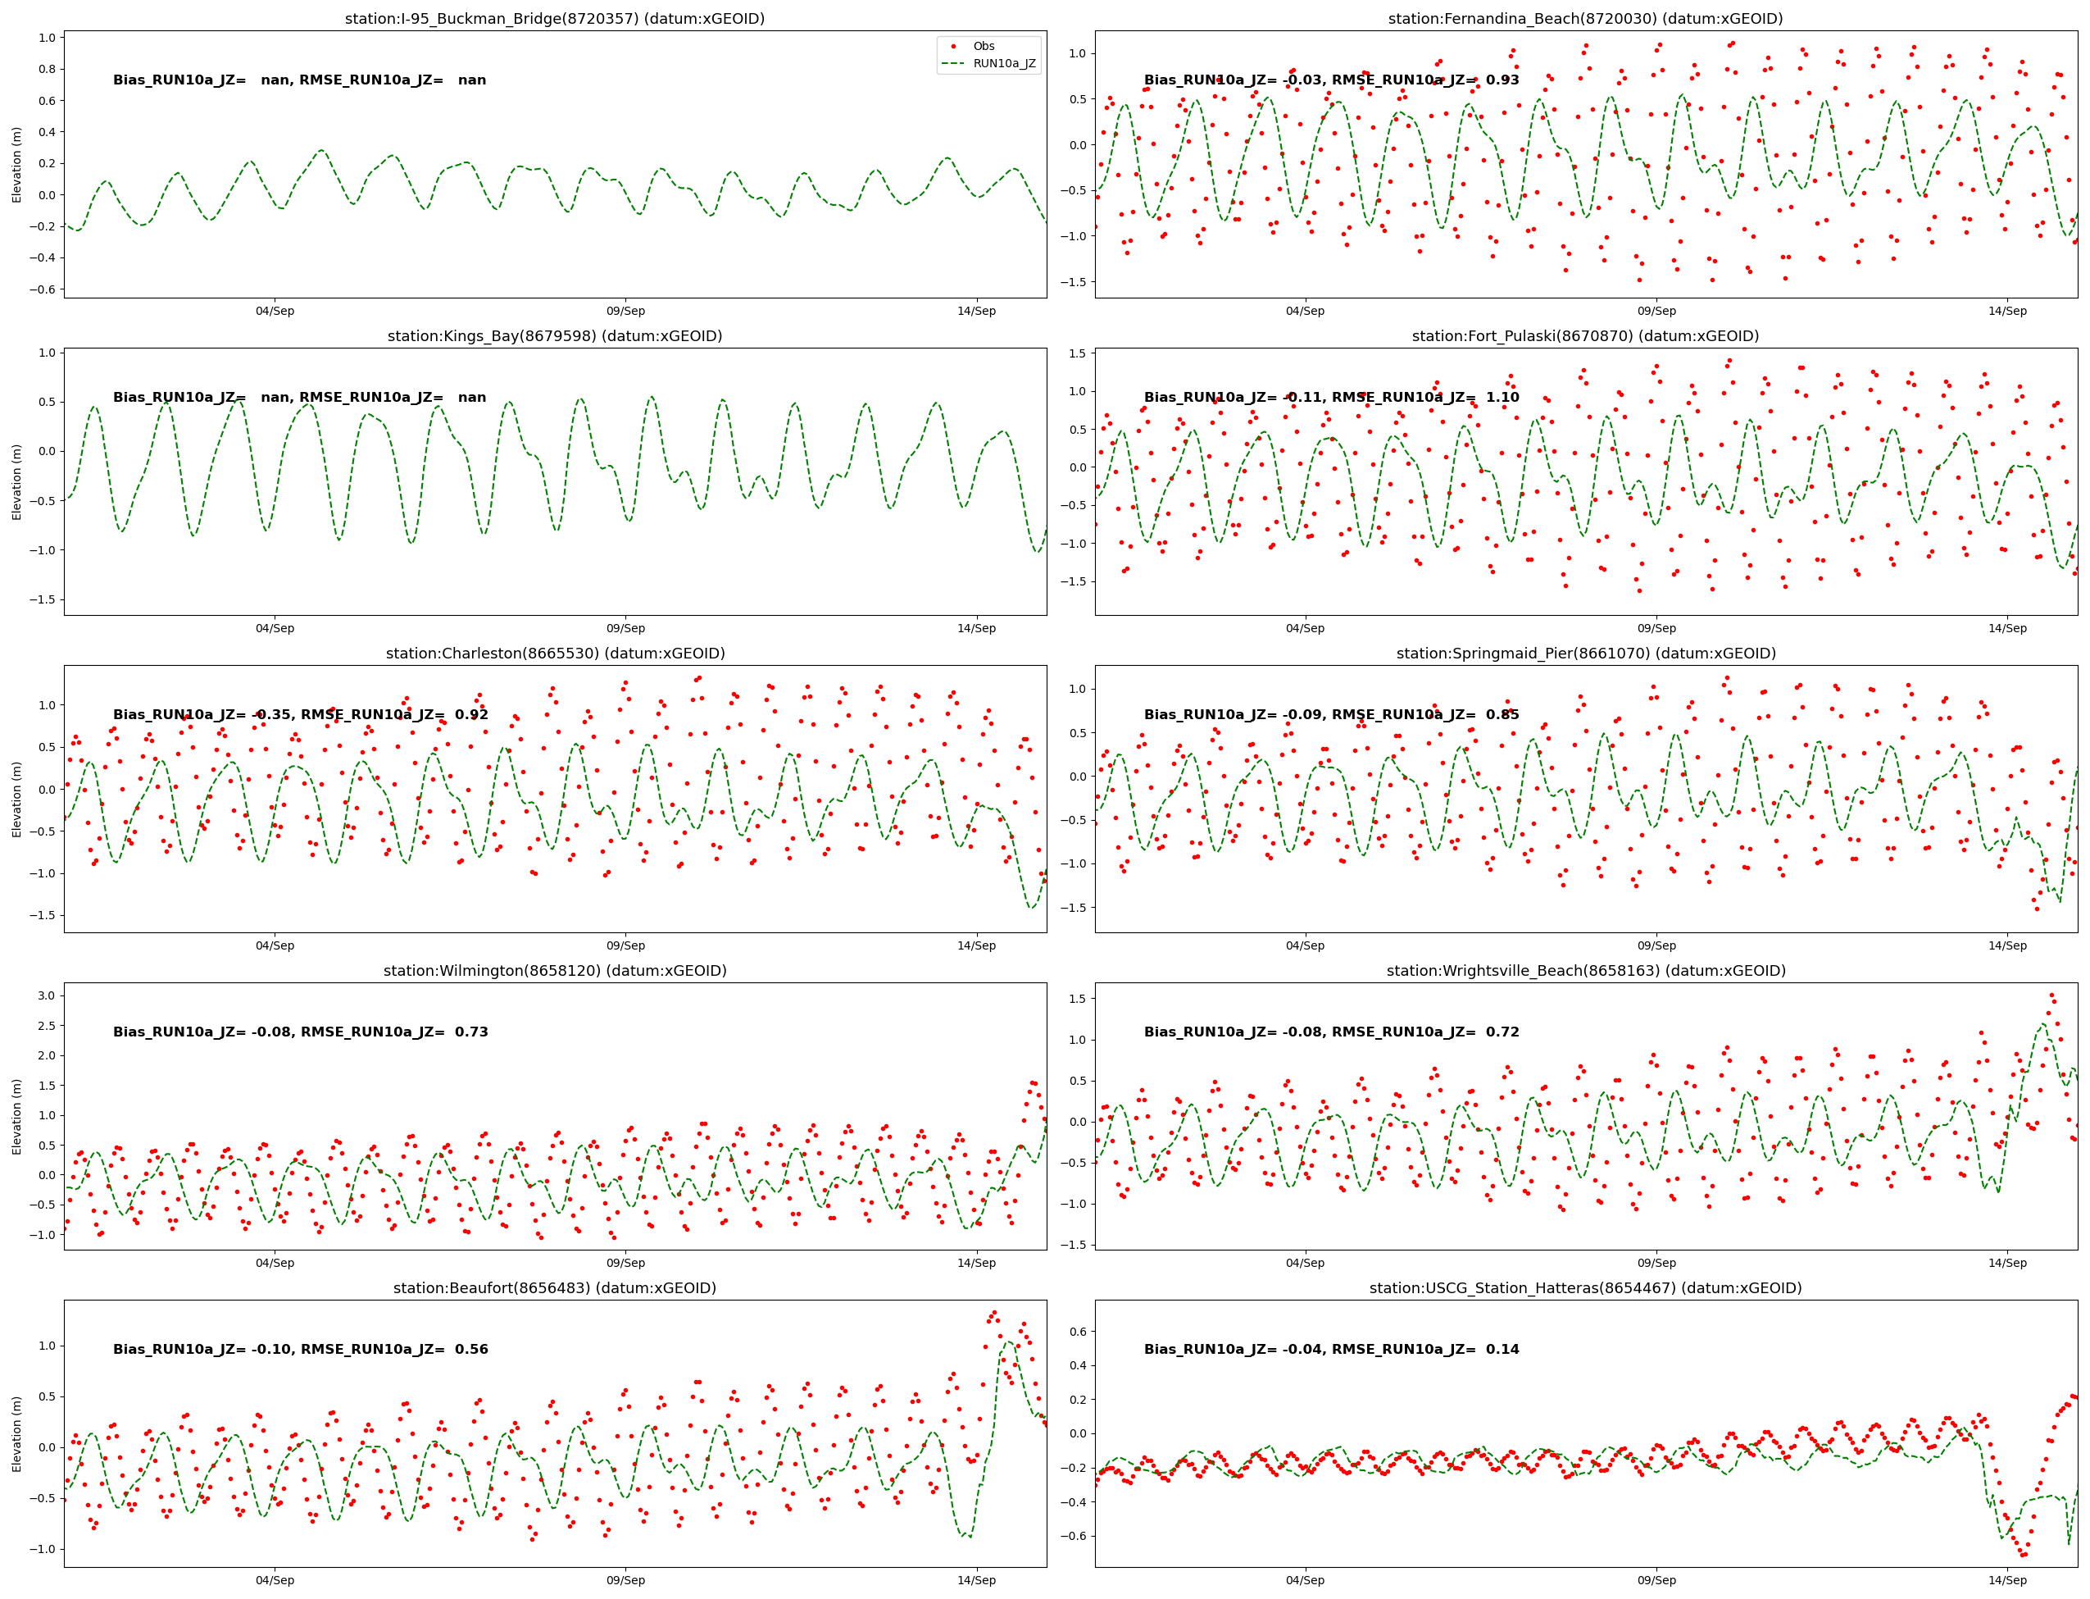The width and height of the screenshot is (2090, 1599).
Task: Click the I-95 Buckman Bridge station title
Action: pyautogui.click(x=555, y=18)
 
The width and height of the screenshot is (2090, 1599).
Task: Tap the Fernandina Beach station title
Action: pyautogui.click(x=1585, y=18)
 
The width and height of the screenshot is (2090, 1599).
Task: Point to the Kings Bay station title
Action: pyautogui.click(x=555, y=336)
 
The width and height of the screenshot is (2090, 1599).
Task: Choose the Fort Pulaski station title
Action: pyautogui.click(x=1585, y=336)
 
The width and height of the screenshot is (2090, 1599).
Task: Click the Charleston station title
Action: pyautogui.click(x=555, y=653)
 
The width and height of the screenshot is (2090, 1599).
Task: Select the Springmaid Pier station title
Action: pyautogui.click(x=1585, y=653)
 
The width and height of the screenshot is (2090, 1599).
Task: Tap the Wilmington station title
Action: pyautogui.click(x=555, y=971)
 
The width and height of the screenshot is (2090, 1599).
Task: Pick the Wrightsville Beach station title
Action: pyautogui.click(x=1585, y=971)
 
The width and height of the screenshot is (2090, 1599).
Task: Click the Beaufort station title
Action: pyautogui.click(x=555, y=1287)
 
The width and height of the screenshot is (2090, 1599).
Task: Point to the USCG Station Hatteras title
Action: pyautogui.click(x=1585, y=1287)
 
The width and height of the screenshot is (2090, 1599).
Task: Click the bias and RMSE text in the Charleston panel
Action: pyautogui.click(x=300, y=715)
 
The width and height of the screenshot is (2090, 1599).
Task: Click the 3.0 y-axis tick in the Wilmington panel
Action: pyautogui.click(x=46, y=995)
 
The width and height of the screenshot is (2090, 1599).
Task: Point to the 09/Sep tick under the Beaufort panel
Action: pyautogui.click(x=625, y=1580)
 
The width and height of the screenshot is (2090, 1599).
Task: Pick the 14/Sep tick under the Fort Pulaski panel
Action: pyautogui.click(x=2007, y=628)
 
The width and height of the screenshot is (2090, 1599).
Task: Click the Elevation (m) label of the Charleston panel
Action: pyautogui.click(x=16, y=799)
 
